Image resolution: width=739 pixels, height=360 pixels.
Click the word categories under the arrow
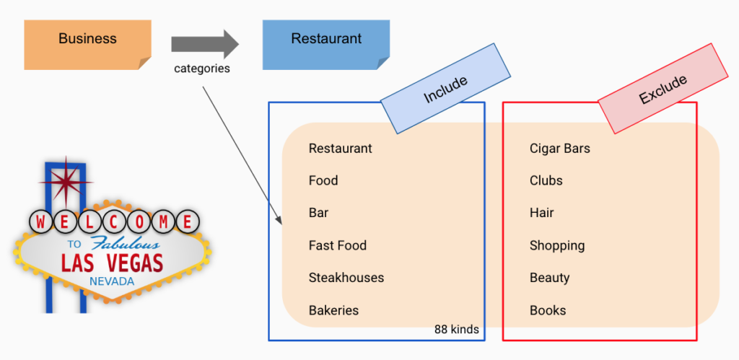pos(202,69)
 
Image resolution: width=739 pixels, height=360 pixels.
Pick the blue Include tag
pos(445,88)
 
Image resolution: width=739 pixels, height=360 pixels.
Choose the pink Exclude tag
pos(663,89)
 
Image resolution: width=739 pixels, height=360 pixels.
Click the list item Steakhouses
pos(346,278)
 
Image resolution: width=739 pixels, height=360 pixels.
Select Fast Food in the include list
pos(338,245)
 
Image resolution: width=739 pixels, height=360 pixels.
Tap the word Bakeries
pos(333,310)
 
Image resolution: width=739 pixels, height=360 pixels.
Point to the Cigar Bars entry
pos(559,149)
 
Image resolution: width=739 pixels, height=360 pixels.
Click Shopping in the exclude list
pos(557,245)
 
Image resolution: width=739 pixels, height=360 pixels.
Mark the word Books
pos(548,310)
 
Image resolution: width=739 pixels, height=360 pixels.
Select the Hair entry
pos(542,213)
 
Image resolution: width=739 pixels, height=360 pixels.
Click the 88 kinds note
pos(456,330)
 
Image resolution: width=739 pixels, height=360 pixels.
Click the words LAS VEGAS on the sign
pos(112,261)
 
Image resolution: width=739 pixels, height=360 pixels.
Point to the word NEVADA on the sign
pos(112,281)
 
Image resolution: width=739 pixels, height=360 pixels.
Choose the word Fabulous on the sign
pos(126,243)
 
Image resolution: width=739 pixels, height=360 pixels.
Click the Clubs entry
pos(546,180)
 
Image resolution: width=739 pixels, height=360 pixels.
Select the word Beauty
pos(550,278)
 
